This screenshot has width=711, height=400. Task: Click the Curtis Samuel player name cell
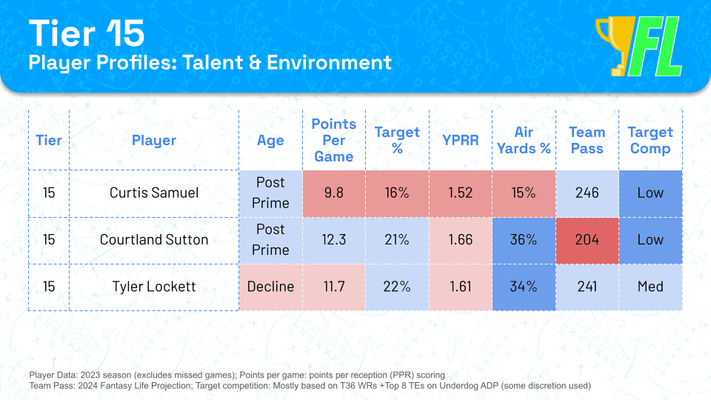[x=154, y=193]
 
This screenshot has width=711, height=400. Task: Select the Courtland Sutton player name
[x=154, y=239]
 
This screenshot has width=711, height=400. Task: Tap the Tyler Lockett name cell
[x=154, y=286]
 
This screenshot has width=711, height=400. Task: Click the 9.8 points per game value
[x=333, y=193]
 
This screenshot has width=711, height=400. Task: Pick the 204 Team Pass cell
[x=587, y=239]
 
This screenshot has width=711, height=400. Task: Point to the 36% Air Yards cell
[x=524, y=239]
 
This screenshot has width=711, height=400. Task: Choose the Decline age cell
[x=270, y=286]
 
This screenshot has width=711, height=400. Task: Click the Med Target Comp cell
[x=650, y=286]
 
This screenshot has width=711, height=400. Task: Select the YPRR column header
[x=460, y=140]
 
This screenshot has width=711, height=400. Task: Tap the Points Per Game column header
[x=333, y=140]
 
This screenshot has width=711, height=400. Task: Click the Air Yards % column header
[x=524, y=140]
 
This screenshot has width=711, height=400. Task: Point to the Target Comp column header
[x=650, y=140]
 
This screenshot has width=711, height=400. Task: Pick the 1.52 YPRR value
[x=460, y=193]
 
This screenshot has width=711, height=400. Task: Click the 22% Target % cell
[x=397, y=286]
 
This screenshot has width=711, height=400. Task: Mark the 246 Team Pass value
[x=587, y=193]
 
